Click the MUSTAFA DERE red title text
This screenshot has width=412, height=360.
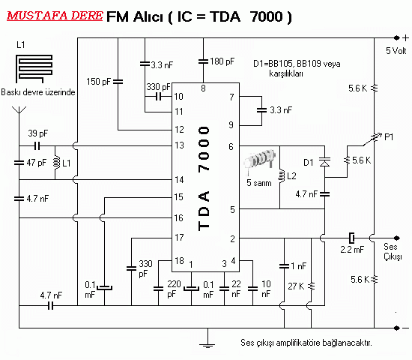pyautogui.click(x=54, y=15)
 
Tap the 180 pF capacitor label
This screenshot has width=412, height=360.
pyautogui.click(x=222, y=61)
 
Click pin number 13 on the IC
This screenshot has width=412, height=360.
pyautogui.click(x=178, y=145)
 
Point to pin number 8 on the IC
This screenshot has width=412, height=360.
pyautogui.click(x=202, y=88)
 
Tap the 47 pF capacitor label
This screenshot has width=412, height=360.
pyautogui.click(x=36, y=162)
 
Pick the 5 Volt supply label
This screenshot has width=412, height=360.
pyautogui.click(x=396, y=52)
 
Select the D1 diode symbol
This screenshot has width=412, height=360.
pyautogui.click(x=325, y=160)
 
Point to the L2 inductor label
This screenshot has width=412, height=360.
pyautogui.click(x=291, y=176)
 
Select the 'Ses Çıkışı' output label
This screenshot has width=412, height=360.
pyautogui.click(x=393, y=251)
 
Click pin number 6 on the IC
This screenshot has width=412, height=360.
pyautogui.click(x=232, y=146)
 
